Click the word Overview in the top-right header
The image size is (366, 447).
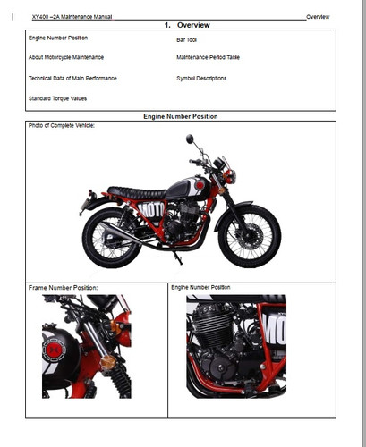(318, 17)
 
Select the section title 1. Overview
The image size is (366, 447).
(187, 25)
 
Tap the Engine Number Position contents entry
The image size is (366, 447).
(58, 38)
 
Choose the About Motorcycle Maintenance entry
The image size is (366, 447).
(65, 57)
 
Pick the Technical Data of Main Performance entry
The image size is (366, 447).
(72, 78)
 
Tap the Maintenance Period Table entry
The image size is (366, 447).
(209, 57)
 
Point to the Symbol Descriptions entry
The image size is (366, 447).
(201, 78)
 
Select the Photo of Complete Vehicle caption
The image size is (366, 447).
(62, 125)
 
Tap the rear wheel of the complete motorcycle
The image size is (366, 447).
(112, 238)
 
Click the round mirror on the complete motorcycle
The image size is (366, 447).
(190, 139)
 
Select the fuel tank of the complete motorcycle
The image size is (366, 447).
(184, 188)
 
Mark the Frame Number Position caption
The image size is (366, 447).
(64, 288)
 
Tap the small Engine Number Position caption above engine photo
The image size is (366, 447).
(200, 288)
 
